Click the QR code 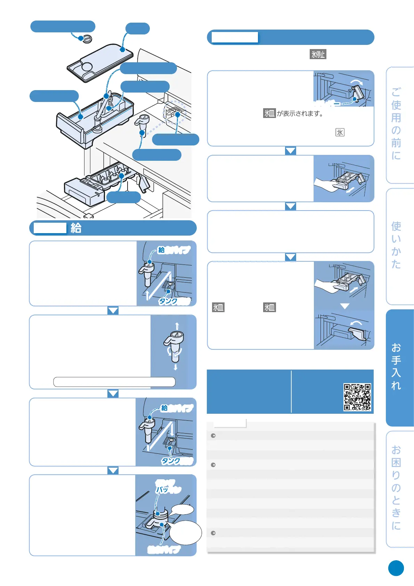pos(357,397)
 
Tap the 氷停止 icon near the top pos(318,54)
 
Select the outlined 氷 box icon pos(340,132)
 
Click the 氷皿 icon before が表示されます pos(269,113)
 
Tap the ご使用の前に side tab pos(399,125)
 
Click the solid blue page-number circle pos(396,568)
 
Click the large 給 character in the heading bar pos(76,228)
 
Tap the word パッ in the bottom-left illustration pos(162,489)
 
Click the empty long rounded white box pos(114,382)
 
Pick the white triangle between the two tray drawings pos(344,306)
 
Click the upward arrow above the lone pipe pos(177,326)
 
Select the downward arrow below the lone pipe pos(176,367)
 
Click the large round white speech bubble pos(186,532)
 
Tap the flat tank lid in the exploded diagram pos(100,62)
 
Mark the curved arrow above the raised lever pos(357,82)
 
